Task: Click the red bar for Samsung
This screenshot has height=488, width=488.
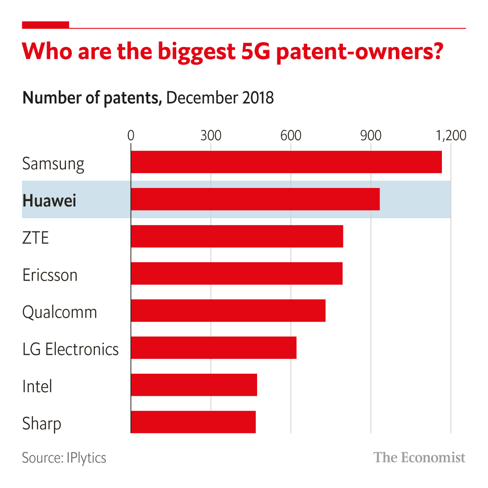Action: click(x=286, y=162)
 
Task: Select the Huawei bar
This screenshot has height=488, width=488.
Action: click(x=255, y=199)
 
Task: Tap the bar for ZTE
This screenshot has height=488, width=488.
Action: click(x=237, y=236)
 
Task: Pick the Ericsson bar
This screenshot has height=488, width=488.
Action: click(x=236, y=273)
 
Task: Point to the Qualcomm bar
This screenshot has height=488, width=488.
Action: click(x=228, y=310)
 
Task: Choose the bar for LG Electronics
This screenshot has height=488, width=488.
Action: click(x=213, y=347)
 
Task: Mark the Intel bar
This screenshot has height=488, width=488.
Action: click(x=194, y=385)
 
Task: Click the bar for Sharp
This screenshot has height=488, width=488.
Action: click(x=193, y=422)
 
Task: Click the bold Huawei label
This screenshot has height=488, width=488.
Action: click(x=49, y=200)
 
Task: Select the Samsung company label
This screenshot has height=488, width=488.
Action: click(x=53, y=164)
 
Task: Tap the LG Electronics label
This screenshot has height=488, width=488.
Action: click(x=70, y=349)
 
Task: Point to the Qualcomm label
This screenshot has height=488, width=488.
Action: click(x=60, y=312)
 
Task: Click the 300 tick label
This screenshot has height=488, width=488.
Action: click(x=211, y=135)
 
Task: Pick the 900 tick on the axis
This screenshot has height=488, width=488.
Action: click(x=371, y=135)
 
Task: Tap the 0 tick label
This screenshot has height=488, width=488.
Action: click(x=131, y=135)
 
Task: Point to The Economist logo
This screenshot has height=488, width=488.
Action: click(x=419, y=457)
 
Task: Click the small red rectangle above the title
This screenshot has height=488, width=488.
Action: click(x=46, y=25)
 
